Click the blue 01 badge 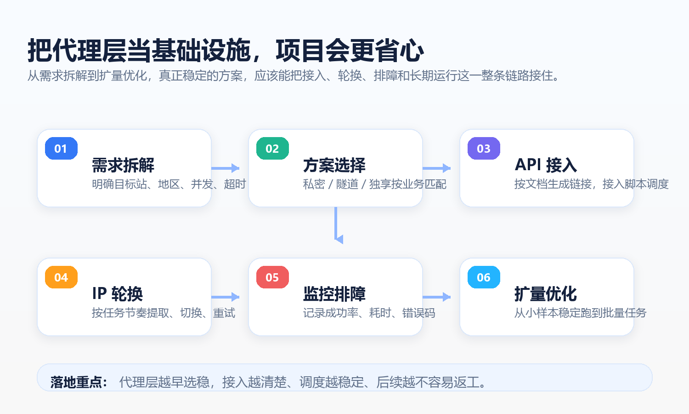tap(61, 149)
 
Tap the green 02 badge tap(272, 149)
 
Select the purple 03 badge tap(484, 149)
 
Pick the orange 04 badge tap(61, 277)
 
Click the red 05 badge tap(272, 277)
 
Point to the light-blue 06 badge tap(484, 277)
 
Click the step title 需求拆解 tap(123, 165)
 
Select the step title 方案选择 tap(334, 165)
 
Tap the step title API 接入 tap(546, 165)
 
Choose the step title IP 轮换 tap(118, 293)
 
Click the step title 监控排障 tap(334, 294)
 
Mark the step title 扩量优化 tap(546, 294)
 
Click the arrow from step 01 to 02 tap(225, 168)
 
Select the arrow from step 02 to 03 tap(436, 168)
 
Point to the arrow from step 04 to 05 tap(225, 297)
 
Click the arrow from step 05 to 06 tap(436, 297)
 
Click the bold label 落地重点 tap(79, 382)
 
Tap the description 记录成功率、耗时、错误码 tap(369, 313)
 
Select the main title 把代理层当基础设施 tap(139, 51)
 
